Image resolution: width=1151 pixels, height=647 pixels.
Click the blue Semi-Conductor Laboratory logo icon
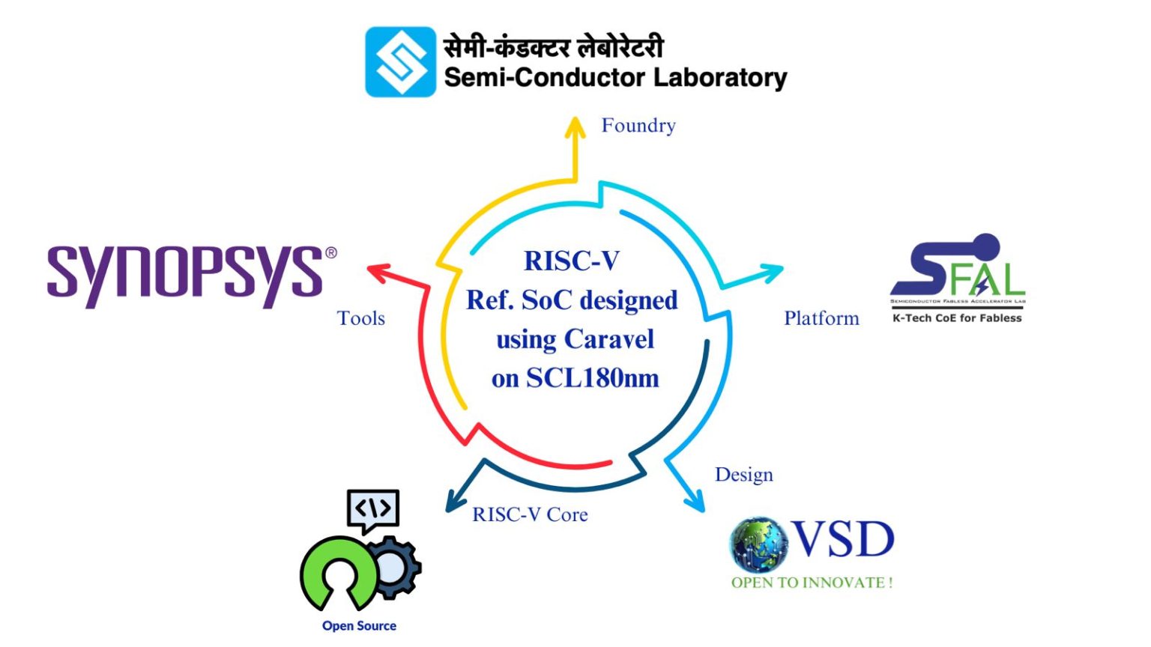(x=400, y=62)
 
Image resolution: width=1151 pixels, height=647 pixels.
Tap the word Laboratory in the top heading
(x=720, y=77)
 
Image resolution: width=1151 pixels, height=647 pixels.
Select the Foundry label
(x=638, y=125)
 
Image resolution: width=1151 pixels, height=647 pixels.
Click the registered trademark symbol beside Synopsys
(x=330, y=253)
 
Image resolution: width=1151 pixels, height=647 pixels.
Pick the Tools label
(x=361, y=318)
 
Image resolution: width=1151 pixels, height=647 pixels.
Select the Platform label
(x=821, y=318)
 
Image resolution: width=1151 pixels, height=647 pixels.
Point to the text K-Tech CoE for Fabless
(x=957, y=318)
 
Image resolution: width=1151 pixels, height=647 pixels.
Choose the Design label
(x=743, y=475)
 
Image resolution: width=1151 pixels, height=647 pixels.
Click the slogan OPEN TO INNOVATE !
(x=812, y=583)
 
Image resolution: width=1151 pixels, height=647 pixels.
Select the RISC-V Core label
(x=530, y=514)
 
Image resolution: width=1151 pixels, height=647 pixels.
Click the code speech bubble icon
(x=372, y=510)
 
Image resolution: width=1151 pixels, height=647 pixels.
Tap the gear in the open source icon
(x=393, y=568)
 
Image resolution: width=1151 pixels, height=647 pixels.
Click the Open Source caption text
(x=359, y=626)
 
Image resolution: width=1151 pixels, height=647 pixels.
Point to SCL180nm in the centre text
(x=592, y=378)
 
